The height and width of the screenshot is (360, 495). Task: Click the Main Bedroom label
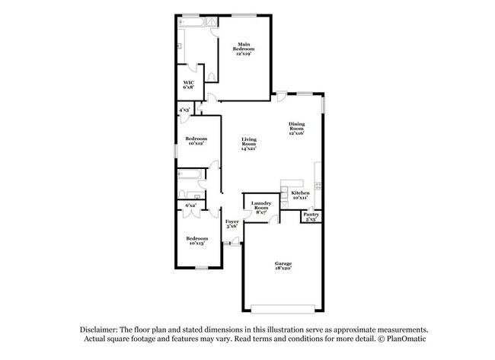[x=244, y=49]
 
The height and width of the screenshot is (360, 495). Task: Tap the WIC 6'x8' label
[x=188, y=86]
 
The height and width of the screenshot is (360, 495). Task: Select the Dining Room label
[x=296, y=129]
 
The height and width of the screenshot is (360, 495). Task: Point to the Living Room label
[x=249, y=142]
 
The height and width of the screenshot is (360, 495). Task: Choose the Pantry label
[x=311, y=217]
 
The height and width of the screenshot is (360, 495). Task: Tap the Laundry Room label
[x=261, y=208]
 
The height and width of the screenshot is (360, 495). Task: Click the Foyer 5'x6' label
[x=232, y=225]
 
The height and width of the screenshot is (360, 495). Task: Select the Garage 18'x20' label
[x=283, y=266]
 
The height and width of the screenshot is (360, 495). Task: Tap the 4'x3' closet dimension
[x=184, y=111]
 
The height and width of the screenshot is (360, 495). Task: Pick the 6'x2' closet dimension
[x=191, y=205]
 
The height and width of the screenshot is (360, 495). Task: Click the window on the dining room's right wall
[x=324, y=104]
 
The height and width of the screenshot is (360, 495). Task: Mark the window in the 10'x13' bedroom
[x=201, y=268]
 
